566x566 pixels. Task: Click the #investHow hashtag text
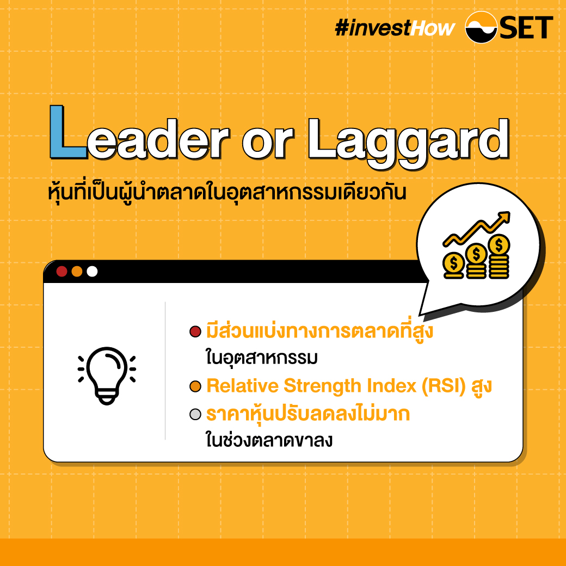point(395,28)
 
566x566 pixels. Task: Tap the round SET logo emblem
point(481,27)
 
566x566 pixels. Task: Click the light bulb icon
point(107,376)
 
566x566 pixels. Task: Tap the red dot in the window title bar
point(61,271)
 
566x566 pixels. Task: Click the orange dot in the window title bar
point(77,271)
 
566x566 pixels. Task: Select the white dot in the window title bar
point(92,271)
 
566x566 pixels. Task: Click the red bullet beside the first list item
point(195,331)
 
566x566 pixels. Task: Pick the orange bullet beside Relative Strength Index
point(195,386)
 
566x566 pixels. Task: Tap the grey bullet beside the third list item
point(195,414)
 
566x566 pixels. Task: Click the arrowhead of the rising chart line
point(504,218)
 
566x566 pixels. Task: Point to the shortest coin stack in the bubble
point(454,266)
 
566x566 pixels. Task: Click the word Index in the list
point(392,386)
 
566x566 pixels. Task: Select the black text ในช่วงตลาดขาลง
point(269,440)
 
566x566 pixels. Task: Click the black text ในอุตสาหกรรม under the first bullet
point(262,358)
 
